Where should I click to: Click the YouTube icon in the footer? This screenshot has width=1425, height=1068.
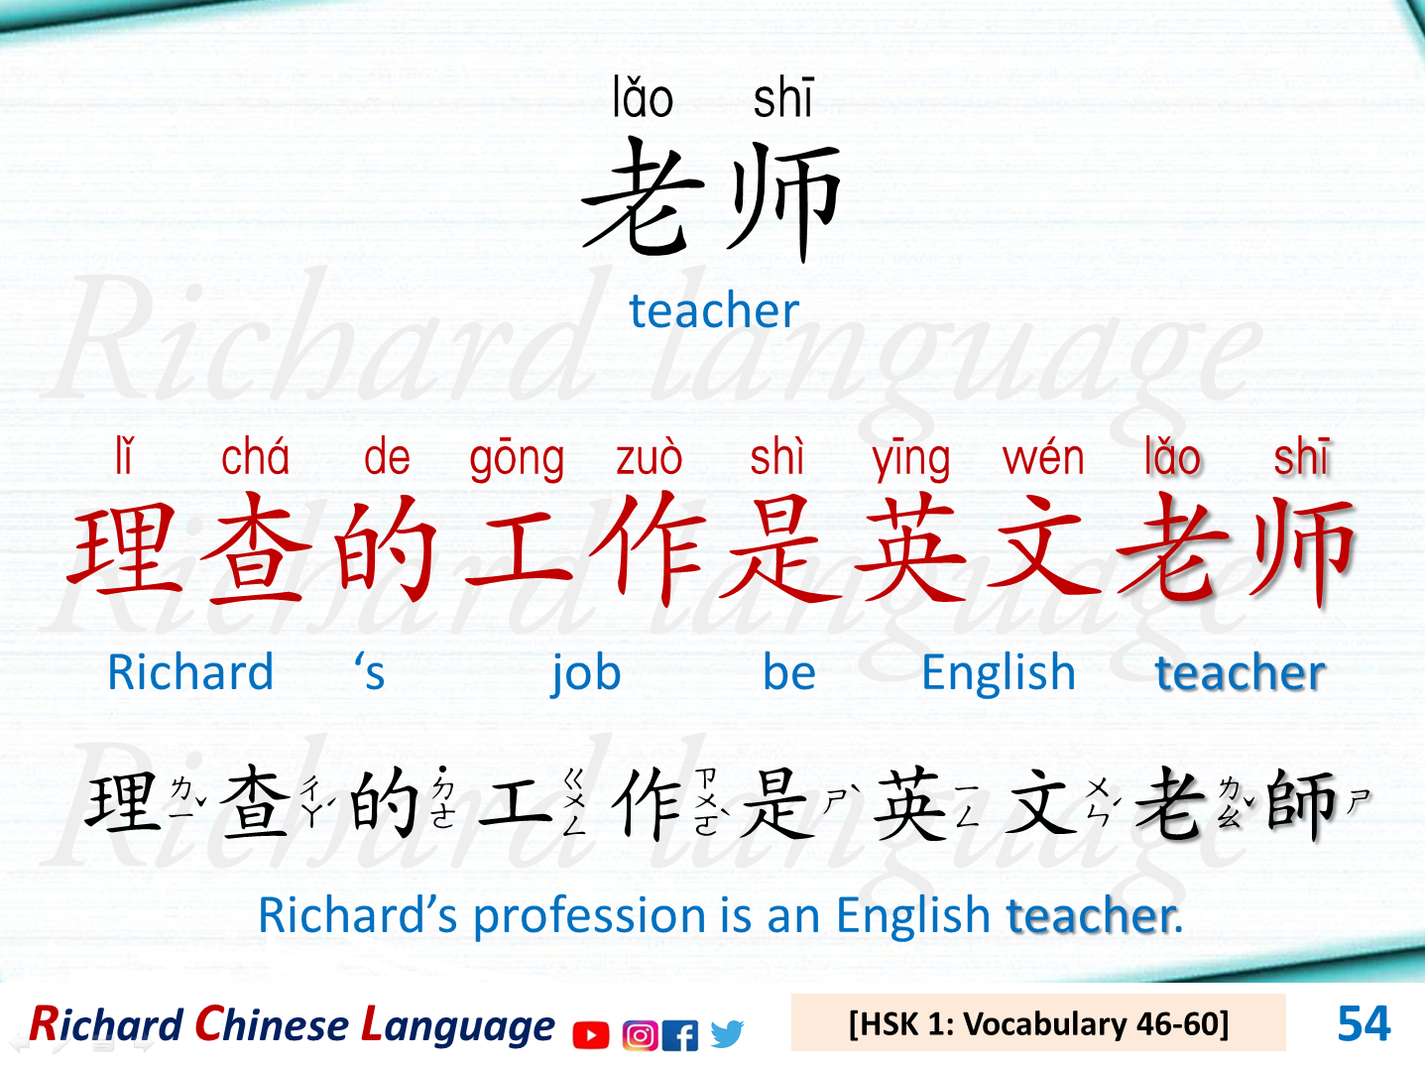[591, 1034]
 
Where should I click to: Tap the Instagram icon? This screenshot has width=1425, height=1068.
[640, 1034]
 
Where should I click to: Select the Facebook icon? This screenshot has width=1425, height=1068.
[680, 1034]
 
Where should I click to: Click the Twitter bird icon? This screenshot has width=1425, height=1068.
[726, 1033]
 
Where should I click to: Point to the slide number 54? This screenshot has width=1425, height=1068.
[1363, 1023]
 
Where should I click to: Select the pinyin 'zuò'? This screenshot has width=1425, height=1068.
[649, 458]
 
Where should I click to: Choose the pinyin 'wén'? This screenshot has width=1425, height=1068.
[1043, 458]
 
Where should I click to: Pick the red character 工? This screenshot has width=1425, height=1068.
[519, 550]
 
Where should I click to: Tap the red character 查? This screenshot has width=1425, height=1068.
[255, 550]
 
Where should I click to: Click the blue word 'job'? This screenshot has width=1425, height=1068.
[586, 674]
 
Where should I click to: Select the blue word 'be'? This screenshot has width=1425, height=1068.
[789, 673]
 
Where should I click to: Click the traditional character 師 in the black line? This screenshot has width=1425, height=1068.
[1302, 803]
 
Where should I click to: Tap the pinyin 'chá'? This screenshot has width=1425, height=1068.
[255, 457]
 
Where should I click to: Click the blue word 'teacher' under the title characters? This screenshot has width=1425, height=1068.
[714, 310]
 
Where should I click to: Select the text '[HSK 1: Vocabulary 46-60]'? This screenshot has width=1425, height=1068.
[1038, 1023]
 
